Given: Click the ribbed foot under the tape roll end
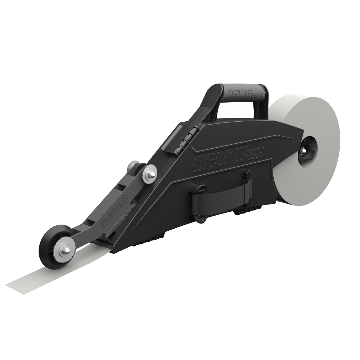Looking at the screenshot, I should pyautogui.click(x=248, y=212).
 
